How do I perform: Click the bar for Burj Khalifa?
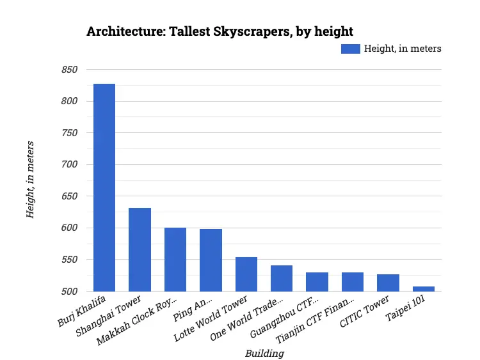pos(104,187)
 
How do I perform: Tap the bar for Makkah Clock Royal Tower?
pos(175,259)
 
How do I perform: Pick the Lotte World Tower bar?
pos(246,274)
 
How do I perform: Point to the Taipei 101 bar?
pos(424,288)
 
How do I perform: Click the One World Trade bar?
pos(282,278)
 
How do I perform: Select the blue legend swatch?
pos(350,49)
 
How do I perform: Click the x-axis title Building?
pos(264,352)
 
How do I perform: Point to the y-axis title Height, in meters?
pos(30,180)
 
